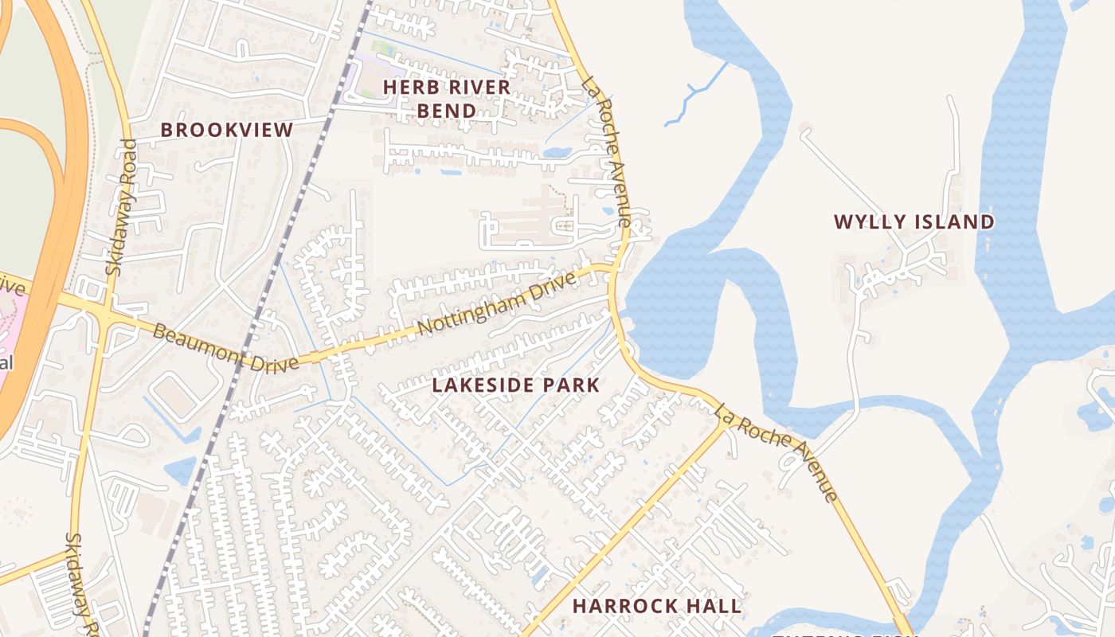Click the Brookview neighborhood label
(227, 130)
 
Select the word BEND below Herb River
(447, 111)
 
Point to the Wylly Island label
(914, 222)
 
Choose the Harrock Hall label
(657, 606)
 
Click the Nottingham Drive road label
(495, 305)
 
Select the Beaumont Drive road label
(225, 347)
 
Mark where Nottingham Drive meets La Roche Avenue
(613, 271)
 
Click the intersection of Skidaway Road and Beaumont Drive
(104, 312)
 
